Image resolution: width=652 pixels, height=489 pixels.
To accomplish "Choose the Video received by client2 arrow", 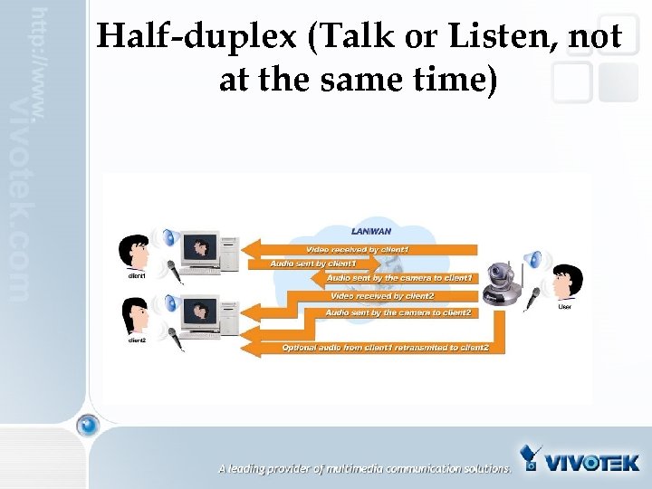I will click(x=380, y=296).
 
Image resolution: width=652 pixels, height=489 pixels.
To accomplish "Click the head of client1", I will click(x=135, y=250).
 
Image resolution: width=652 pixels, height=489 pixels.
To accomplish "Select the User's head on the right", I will click(x=567, y=278).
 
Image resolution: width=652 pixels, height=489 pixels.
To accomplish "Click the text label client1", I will click(x=136, y=274).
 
